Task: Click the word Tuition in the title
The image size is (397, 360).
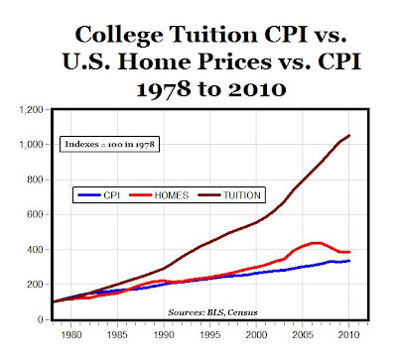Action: click(213, 34)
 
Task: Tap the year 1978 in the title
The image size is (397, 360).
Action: click(164, 89)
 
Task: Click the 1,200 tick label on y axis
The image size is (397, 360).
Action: click(31, 109)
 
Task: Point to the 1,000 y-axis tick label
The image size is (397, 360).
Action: click(31, 145)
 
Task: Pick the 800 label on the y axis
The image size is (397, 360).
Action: click(35, 180)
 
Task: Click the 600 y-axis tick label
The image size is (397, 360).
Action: click(35, 214)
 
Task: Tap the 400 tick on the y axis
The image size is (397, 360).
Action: click(35, 250)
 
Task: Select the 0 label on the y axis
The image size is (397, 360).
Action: click(41, 319)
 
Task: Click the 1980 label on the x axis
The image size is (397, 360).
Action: click(71, 334)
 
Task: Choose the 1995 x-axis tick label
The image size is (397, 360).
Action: click(210, 334)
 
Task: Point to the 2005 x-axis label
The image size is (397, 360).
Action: click(303, 334)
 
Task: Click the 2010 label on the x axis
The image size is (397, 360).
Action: click(348, 334)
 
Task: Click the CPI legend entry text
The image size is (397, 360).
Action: click(112, 195)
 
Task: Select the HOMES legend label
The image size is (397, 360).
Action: click(172, 195)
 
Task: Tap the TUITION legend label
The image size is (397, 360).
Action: click(242, 195)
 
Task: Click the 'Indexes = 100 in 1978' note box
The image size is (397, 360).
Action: click(109, 144)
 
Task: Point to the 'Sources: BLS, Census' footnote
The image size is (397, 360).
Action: click(212, 312)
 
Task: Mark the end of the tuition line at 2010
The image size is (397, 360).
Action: click(349, 135)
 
